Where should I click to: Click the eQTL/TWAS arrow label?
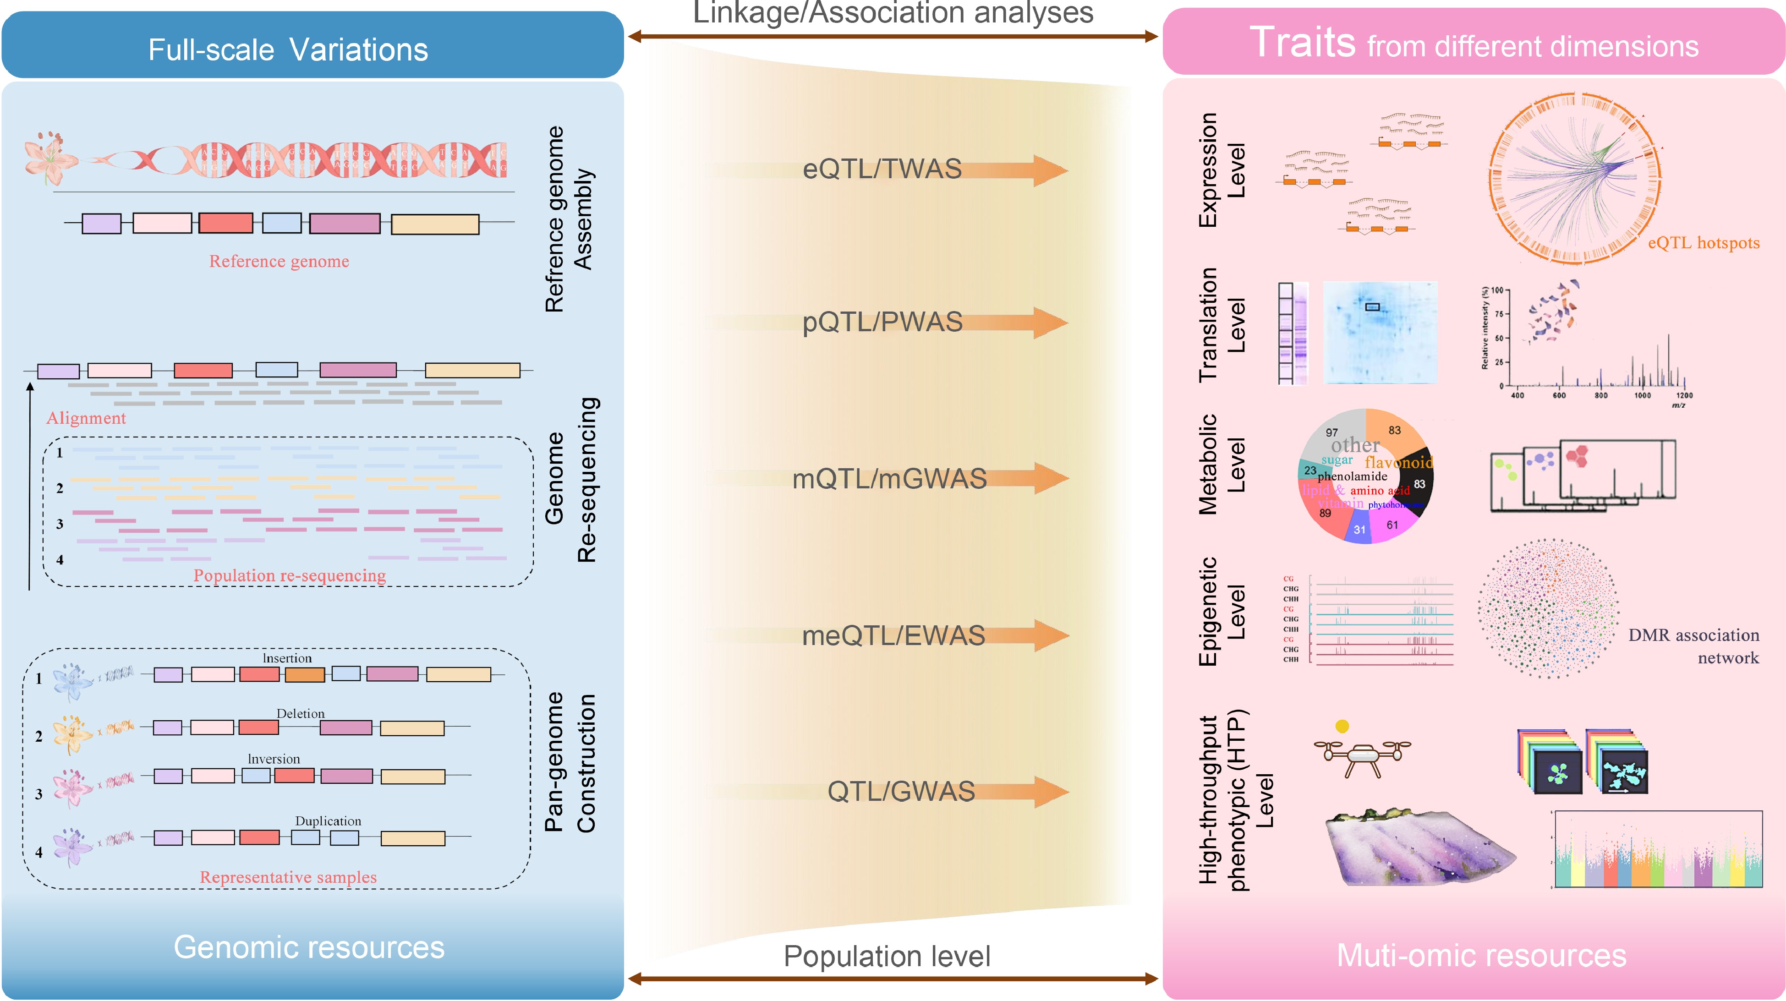(x=882, y=169)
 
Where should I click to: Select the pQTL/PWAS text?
(x=882, y=323)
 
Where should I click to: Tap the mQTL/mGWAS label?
(x=889, y=479)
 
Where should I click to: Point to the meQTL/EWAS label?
(x=893, y=636)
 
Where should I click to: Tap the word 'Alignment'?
(x=86, y=418)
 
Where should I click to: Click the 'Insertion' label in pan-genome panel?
(x=287, y=658)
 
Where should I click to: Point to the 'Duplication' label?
(x=328, y=821)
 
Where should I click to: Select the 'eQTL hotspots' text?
(x=1704, y=243)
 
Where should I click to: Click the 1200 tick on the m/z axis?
(x=1684, y=395)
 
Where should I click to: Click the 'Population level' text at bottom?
(x=887, y=957)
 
